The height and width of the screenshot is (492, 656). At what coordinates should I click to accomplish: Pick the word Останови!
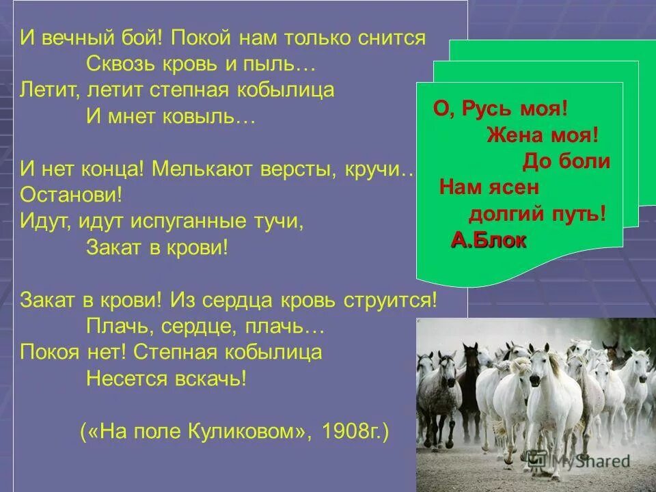(71, 194)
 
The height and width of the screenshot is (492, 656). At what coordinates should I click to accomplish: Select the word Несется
(125, 379)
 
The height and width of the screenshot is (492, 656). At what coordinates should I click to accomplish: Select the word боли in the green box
(586, 161)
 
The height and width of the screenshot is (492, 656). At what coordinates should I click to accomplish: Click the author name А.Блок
(489, 240)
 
